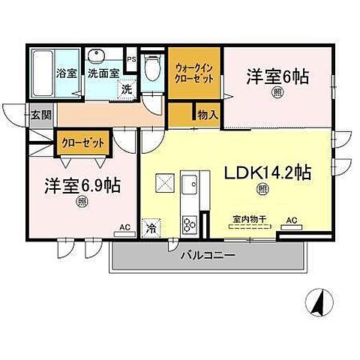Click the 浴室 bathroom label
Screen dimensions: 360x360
66,73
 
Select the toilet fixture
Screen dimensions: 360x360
151,69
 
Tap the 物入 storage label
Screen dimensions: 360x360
208,115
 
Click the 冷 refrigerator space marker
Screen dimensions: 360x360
152,226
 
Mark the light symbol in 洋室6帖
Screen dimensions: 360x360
277,92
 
